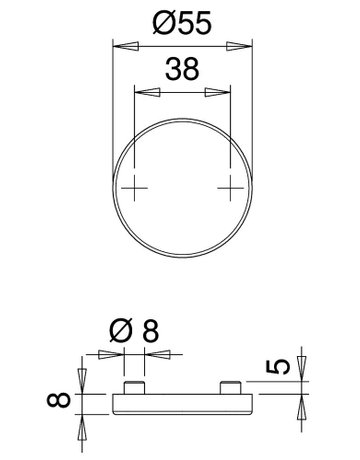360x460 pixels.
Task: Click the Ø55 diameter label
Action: (182, 23)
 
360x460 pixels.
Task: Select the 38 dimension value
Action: (182, 69)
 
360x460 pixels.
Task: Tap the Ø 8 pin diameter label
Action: (134, 330)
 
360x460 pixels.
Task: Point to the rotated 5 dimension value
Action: (278, 367)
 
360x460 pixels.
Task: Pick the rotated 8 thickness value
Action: (59, 400)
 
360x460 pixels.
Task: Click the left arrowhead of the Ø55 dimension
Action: (126, 46)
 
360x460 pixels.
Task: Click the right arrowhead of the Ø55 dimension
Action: (239, 46)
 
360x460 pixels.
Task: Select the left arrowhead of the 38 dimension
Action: (147, 92)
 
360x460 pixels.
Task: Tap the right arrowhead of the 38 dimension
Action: (217, 92)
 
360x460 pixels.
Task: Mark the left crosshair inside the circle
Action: (134, 188)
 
